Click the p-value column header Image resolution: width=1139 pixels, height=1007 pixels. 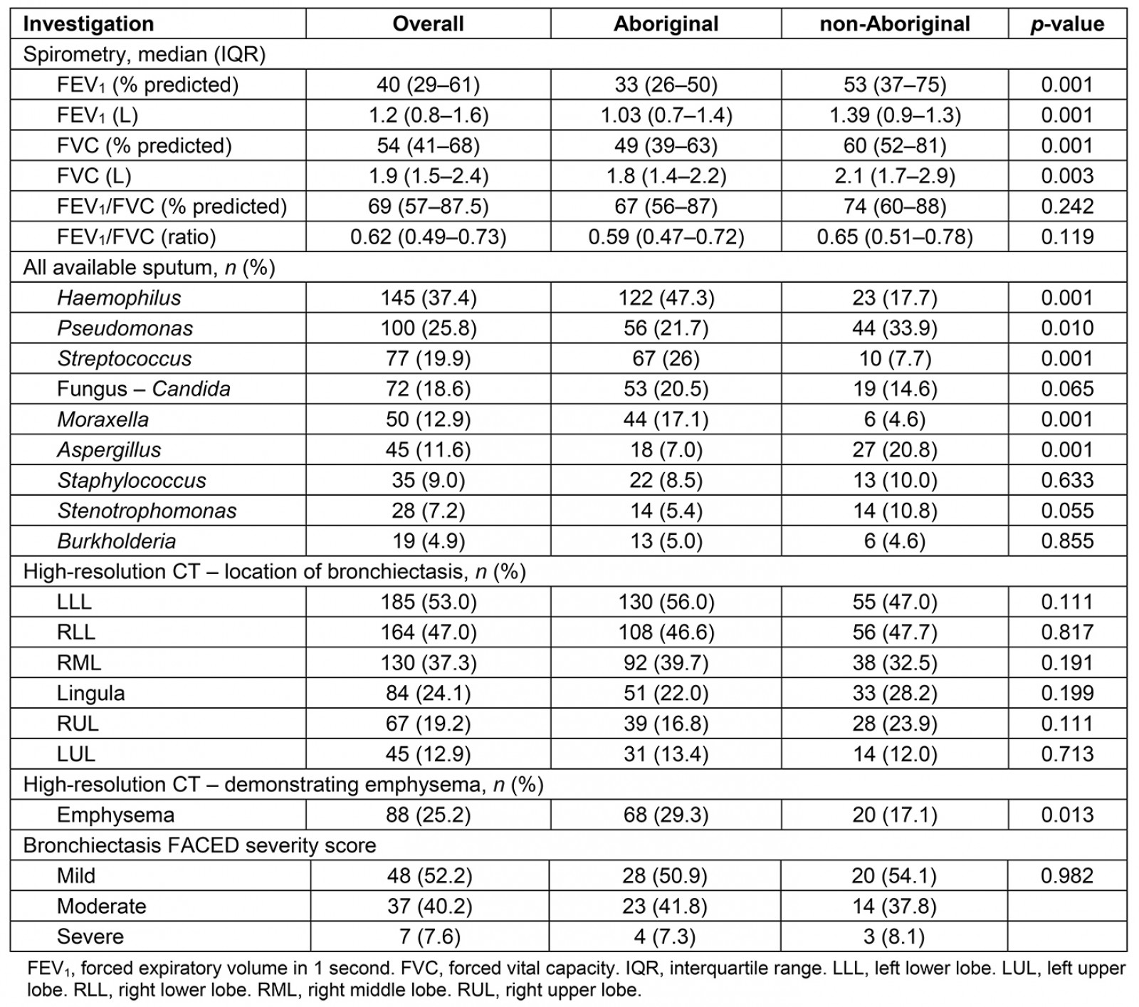pos(1067,24)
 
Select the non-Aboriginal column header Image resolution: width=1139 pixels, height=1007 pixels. pos(895,24)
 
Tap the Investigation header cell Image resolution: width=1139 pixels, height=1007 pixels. pos(88,24)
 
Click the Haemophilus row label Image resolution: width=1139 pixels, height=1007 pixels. pos(119,298)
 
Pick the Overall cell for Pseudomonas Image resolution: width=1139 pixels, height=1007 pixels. pos(428,328)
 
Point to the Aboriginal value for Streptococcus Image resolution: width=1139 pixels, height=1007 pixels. pos(666,358)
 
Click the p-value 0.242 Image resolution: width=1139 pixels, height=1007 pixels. pos(1067,207)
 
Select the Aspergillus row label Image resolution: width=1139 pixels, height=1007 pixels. pos(109,449)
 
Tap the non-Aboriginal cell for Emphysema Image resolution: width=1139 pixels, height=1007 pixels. pos(895,815)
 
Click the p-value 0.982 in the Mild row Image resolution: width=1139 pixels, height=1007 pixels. pos(1067,875)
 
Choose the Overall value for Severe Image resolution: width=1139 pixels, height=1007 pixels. pos(428,936)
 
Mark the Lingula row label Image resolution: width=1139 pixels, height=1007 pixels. pos(90,693)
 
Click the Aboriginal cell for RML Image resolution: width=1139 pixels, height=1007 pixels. pos(666,662)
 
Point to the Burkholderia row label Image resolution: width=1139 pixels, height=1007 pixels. pos(116,541)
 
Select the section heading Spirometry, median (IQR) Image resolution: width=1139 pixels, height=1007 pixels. pos(144,54)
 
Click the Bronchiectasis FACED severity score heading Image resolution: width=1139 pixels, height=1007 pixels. pos(199,845)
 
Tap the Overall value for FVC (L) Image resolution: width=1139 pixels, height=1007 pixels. pos(428,176)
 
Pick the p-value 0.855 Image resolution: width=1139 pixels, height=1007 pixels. pos(1067,541)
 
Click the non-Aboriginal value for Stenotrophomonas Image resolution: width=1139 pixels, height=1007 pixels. pos(895,511)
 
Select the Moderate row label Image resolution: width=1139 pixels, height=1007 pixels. pos(101,906)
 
